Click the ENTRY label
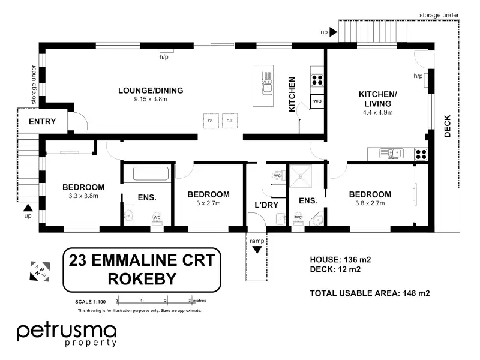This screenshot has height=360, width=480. pos(42,122)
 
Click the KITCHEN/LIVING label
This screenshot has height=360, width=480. pos(377,99)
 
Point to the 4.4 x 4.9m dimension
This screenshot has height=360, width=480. pos(377,112)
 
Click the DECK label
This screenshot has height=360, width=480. pos(448,126)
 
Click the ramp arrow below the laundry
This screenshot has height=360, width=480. pos(257,250)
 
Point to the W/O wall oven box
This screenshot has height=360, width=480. pos(317,101)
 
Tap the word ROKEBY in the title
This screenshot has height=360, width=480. pos(142,278)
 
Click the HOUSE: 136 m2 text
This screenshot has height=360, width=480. pos(340,259)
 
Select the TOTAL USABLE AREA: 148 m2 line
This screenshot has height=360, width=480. pos(370,293)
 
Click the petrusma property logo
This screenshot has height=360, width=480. pos(66,334)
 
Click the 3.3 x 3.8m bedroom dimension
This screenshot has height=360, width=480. pos(83,196)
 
